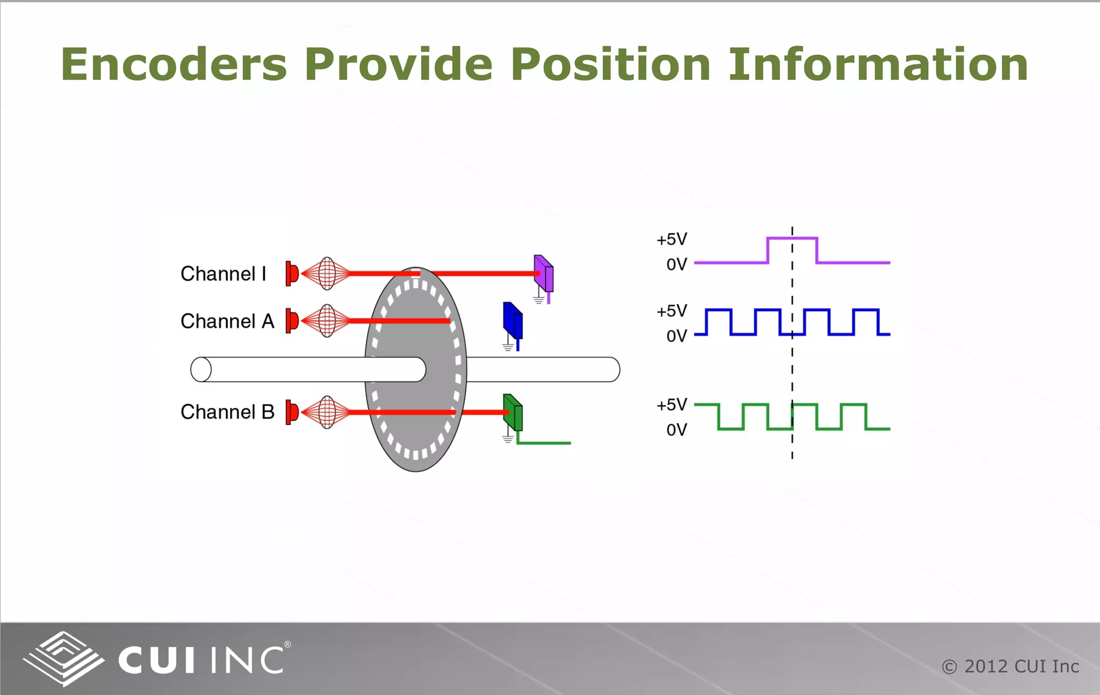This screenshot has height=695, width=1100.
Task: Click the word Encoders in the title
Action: (173, 64)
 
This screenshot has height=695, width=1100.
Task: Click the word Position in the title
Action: (611, 64)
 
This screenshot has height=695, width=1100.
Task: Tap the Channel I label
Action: (223, 274)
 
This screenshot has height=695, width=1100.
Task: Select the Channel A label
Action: (227, 321)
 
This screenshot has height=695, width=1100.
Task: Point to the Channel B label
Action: (227, 412)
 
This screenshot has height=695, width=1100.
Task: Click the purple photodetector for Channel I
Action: (544, 273)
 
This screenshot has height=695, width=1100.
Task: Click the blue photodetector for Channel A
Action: (512, 320)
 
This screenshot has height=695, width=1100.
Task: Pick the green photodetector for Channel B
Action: (513, 413)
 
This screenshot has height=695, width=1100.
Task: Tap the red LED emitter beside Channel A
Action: (292, 321)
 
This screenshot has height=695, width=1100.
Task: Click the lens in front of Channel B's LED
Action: (327, 412)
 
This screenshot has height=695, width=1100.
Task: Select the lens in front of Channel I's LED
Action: (327, 274)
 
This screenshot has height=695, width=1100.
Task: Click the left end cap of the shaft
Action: (201, 369)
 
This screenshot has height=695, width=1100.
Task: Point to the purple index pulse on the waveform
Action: (792, 238)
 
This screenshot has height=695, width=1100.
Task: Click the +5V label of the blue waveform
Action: (671, 311)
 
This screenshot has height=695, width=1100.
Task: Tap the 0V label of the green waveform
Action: (676, 430)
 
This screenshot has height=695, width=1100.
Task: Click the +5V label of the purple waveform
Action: (671, 239)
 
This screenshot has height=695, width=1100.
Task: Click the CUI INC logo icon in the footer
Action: (63, 659)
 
